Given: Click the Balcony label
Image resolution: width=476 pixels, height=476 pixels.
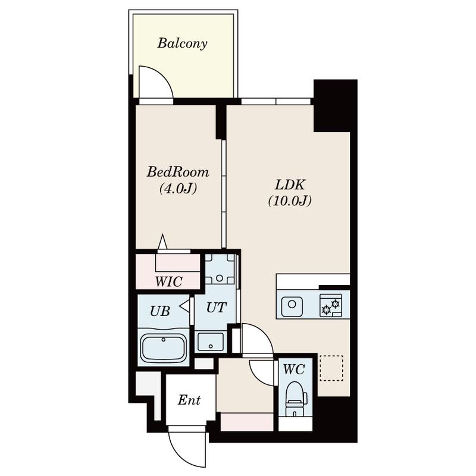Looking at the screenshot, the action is pyautogui.click(x=182, y=43).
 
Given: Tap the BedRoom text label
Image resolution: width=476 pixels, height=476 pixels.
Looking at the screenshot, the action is pyautogui.click(x=178, y=172).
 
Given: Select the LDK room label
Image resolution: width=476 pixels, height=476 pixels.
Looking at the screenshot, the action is pyautogui.click(x=290, y=184).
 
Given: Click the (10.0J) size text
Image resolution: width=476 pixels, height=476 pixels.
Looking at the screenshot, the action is pyautogui.click(x=290, y=201).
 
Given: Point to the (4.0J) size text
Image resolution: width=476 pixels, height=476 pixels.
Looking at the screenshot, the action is pyautogui.click(x=178, y=189).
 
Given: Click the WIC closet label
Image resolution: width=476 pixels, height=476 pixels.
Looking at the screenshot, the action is pyautogui.click(x=168, y=281).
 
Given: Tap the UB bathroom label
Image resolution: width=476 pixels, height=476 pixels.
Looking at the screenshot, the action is pyautogui.click(x=160, y=311).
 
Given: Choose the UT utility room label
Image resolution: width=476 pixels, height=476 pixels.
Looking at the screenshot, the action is pyautogui.click(x=216, y=308).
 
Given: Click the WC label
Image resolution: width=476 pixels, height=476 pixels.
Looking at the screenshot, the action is pyautogui.click(x=294, y=369).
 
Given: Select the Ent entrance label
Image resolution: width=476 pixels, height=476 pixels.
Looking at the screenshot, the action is pyautogui.click(x=189, y=400).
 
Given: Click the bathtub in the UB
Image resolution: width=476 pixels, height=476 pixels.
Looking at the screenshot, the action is pyautogui.click(x=164, y=349).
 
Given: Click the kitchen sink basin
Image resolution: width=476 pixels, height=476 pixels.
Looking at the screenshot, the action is pyautogui.click(x=292, y=305).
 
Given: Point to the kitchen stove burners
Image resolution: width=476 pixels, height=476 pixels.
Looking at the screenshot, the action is pyautogui.click(x=331, y=305).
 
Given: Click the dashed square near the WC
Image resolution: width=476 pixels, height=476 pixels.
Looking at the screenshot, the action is pyautogui.click(x=331, y=368).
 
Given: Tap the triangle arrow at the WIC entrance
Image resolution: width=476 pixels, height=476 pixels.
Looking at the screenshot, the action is pyautogui.click(x=162, y=242).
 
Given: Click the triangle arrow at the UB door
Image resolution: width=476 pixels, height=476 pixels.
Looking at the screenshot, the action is pyautogui.click(x=184, y=306).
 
